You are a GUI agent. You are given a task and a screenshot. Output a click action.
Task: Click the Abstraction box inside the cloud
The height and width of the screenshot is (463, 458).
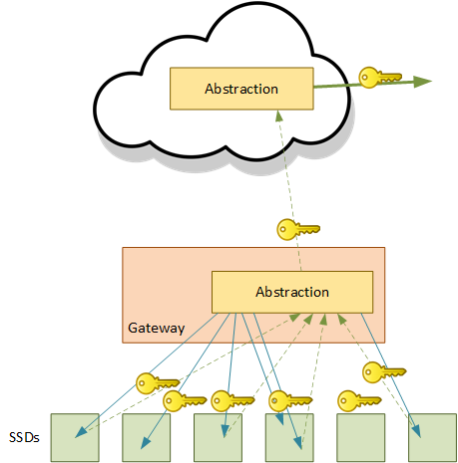point(241,89)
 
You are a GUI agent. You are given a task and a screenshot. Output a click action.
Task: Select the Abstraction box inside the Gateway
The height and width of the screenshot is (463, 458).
point(292,292)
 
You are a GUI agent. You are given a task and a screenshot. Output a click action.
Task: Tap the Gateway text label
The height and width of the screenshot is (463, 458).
point(157,329)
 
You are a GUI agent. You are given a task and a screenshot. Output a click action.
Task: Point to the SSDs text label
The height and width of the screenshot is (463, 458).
point(24,437)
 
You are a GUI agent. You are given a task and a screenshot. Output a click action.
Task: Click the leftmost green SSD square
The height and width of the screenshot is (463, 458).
point(75,437)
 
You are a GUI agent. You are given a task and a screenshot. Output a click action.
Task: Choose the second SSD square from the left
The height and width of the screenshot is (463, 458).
point(147,437)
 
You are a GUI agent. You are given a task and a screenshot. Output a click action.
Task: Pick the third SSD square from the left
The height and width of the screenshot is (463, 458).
point(218,437)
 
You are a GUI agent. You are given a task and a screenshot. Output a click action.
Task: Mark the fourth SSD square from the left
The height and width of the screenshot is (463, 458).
point(289,437)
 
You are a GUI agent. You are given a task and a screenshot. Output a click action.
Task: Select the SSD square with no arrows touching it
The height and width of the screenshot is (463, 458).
point(361,437)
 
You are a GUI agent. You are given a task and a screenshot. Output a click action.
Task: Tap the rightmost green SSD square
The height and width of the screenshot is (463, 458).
point(432,437)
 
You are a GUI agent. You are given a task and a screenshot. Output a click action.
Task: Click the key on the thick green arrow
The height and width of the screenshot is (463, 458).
point(380,78)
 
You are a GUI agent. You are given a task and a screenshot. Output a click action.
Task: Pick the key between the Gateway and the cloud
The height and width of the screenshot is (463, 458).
point(298,229)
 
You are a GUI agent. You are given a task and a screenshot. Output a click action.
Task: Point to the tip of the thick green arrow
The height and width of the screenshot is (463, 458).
point(432,81)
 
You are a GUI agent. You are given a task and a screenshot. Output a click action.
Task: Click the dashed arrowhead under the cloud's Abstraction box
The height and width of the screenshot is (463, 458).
point(279,116)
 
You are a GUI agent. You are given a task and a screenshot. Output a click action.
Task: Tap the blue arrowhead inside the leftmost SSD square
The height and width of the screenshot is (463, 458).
point(81,432)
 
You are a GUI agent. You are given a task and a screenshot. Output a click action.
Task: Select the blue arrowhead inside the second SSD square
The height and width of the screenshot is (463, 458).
point(145,443)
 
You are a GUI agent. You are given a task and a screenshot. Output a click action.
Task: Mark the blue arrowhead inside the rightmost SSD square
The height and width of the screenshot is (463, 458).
point(417,431)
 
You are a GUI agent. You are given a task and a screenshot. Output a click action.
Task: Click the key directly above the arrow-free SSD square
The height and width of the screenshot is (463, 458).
point(359,401)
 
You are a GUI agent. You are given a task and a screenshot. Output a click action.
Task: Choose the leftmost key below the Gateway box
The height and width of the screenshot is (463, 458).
point(158,383)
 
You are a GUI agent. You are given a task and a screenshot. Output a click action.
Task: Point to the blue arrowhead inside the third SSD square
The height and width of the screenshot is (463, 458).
point(226,431)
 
